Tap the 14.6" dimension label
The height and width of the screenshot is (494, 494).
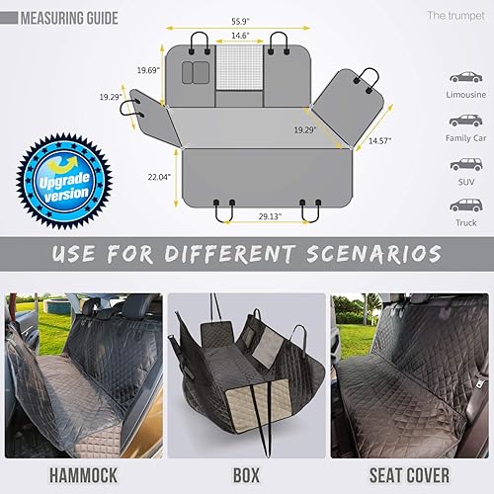tap(239, 36)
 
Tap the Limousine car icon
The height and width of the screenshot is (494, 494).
tap(465, 76)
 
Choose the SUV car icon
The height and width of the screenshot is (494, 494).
tap(465, 163)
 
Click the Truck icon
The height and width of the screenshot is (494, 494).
tap(465, 206)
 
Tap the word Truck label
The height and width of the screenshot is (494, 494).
tap(465, 224)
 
